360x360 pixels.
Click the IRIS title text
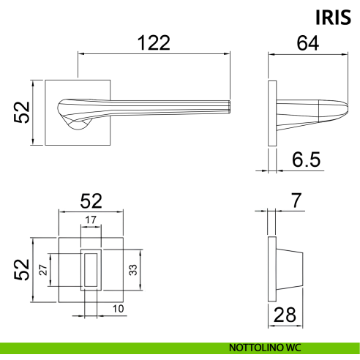pyautogui.click(x=333, y=18)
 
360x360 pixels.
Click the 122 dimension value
pyautogui.click(x=154, y=43)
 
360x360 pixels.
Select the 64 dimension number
pyautogui.click(x=308, y=43)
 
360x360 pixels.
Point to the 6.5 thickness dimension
pyautogui.click(x=306, y=160)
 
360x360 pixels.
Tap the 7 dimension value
pyautogui.click(x=296, y=200)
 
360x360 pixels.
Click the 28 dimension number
pyautogui.click(x=285, y=315)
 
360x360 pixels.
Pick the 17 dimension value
pyautogui.click(x=91, y=220)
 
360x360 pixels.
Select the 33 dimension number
pyautogui.click(x=133, y=270)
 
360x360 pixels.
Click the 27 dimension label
pyautogui.click(x=43, y=270)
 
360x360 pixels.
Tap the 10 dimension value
pyautogui.click(x=118, y=309)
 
